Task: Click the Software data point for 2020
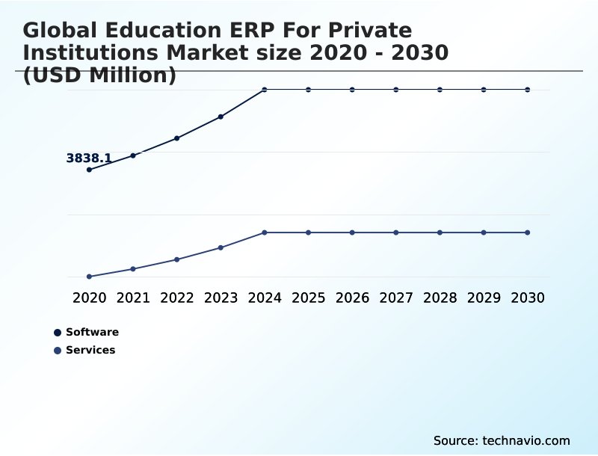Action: pos(90,170)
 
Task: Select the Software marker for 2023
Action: pos(221,117)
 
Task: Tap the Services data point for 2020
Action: pos(90,277)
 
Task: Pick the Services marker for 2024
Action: pos(265,232)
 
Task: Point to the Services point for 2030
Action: pos(527,232)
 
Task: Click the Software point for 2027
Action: pos(396,90)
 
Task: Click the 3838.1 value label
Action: pos(89,158)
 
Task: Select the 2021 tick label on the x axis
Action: pos(133,298)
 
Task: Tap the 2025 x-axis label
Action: pos(308,298)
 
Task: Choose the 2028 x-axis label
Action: pos(440,298)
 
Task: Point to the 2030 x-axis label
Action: pos(527,298)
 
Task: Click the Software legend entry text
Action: pos(92,332)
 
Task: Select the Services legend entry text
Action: pos(90,350)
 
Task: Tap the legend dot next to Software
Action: pos(58,333)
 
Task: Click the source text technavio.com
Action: pos(526,440)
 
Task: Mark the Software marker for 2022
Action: pos(177,138)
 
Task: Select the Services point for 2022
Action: pos(177,259)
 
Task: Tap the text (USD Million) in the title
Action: pos(99,75)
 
